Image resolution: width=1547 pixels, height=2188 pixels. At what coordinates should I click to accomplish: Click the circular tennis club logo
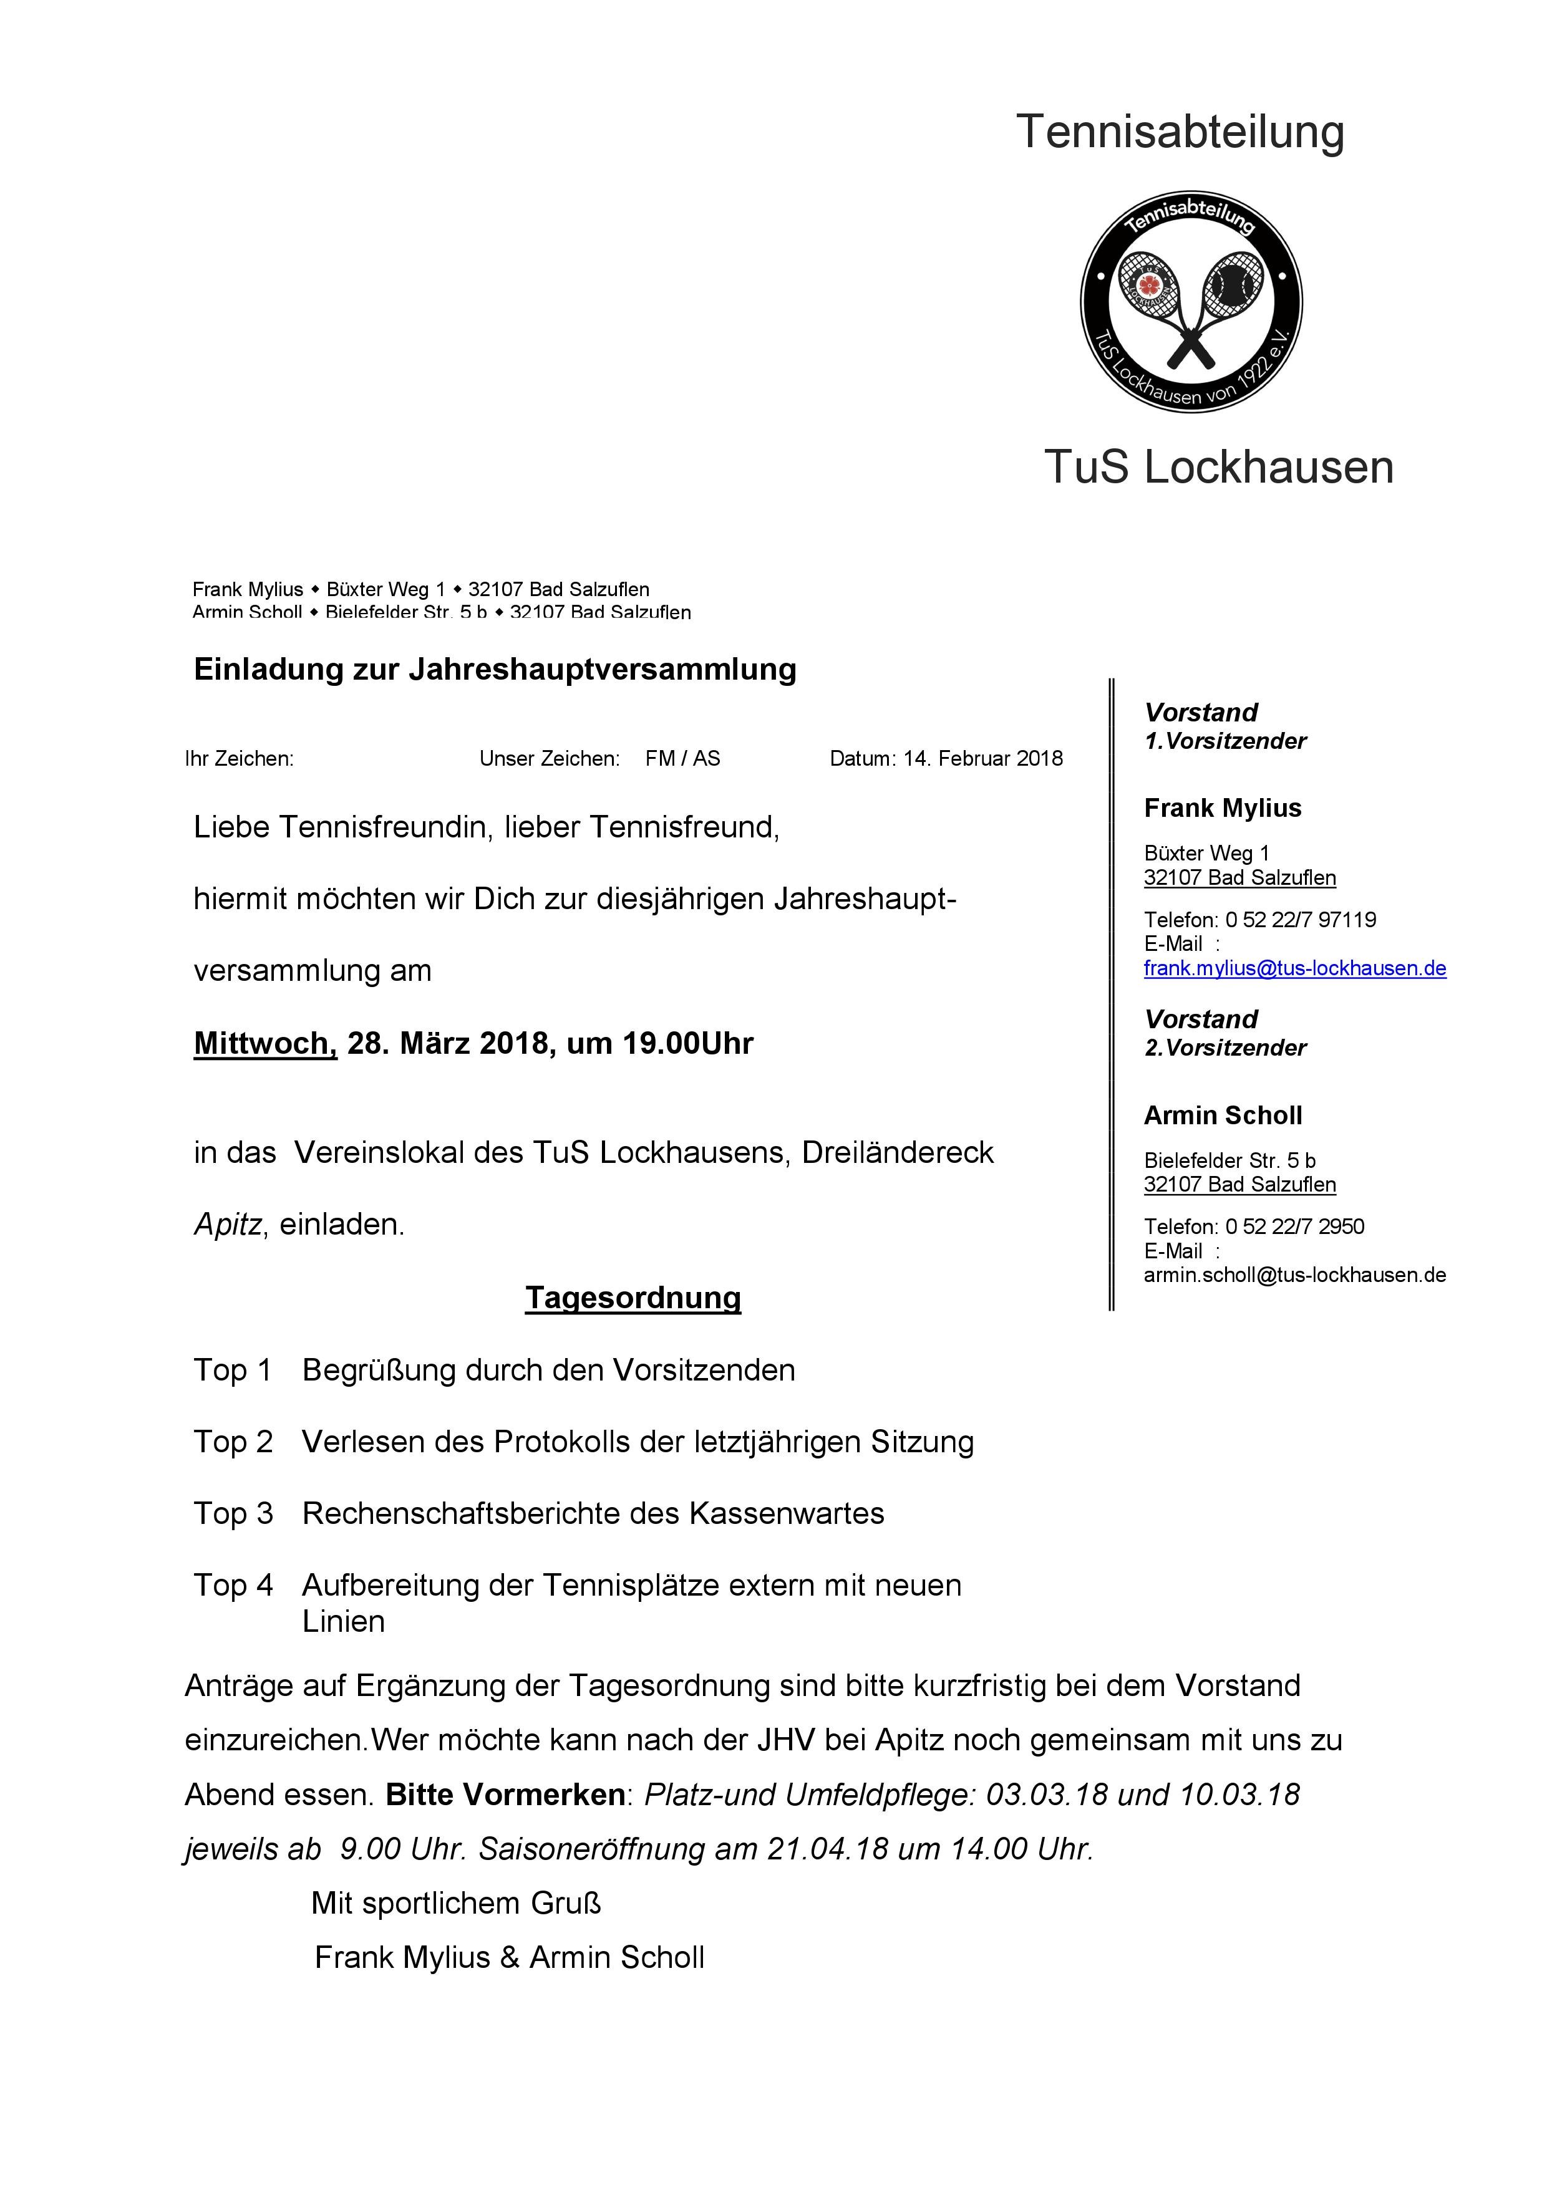click(1191, 302)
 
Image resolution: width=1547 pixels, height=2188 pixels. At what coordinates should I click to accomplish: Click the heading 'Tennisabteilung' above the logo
click(1180, 132)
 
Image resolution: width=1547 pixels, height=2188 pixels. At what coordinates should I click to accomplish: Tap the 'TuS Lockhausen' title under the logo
click(1219, 467)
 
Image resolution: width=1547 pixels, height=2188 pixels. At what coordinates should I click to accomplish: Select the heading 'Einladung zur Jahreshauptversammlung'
click(495, 669)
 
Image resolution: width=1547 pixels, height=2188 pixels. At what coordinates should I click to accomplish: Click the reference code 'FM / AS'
click(682, 759)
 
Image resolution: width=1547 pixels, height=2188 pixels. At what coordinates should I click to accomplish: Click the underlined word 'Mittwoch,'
click(265, 1043)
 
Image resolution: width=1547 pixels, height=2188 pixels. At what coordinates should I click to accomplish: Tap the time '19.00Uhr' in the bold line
click(688, 1043)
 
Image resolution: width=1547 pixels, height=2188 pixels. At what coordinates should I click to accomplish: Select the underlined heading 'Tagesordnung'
click(633, 1298)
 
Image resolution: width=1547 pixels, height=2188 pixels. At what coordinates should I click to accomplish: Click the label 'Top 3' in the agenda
click(233, 1513)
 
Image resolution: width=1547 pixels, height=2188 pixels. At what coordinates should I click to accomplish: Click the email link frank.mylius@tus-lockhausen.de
click(1294, 968)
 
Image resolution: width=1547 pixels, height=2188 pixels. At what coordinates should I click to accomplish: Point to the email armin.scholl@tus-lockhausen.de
click(1294, 1275)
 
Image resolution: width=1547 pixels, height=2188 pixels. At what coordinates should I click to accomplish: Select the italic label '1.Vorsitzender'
click(1225, 741)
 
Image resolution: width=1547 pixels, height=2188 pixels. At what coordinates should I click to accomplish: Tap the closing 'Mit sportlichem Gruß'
click(455, 1904)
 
